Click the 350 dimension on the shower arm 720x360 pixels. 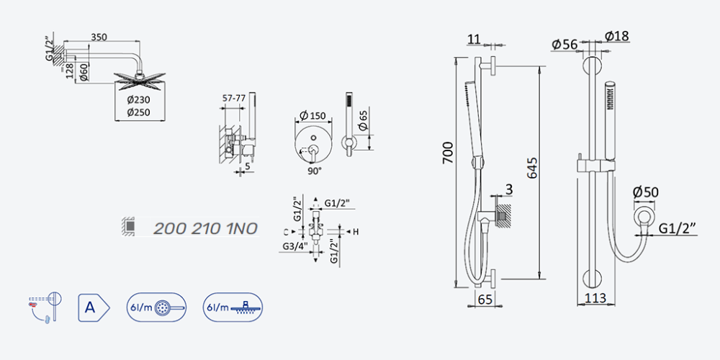[99, 37]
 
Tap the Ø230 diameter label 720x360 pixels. [139, 99]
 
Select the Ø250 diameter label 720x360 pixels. [139, 112]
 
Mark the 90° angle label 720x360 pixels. [315, 171]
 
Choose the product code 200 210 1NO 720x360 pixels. [204, 228]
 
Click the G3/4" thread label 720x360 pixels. [294, 247]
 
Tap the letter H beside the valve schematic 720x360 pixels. [355, 231]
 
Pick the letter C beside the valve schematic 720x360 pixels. [286, 231]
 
